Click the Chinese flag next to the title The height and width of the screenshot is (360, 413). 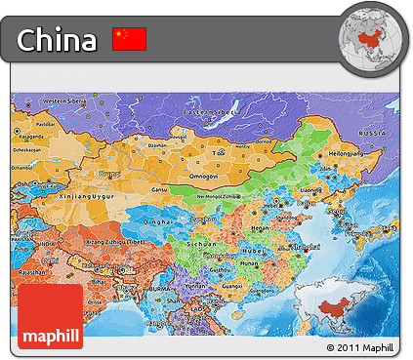pos(129,39)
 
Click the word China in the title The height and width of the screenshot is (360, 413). pos(58,40)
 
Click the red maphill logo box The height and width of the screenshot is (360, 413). pos(50,316)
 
